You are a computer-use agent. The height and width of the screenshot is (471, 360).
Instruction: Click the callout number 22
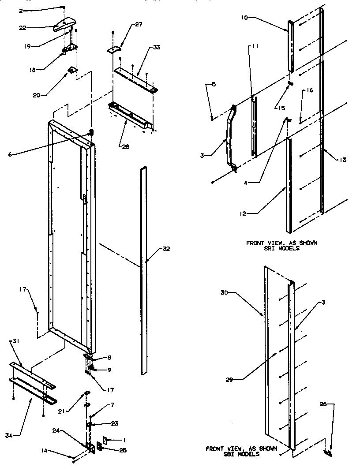click(22, 27)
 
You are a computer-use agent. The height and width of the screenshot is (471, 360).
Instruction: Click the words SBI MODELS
click(242, 454)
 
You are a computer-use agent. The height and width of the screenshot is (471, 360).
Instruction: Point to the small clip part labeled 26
click(327, 452)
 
